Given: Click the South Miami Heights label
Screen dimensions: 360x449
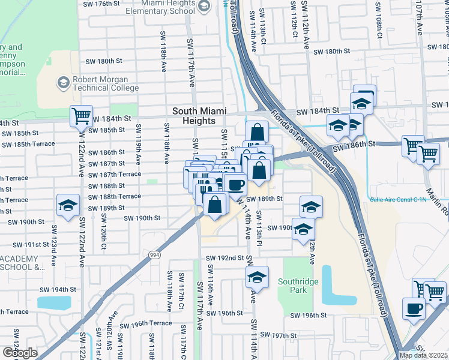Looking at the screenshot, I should coord(193,116).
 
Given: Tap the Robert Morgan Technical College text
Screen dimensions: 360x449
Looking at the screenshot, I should coord(105,83).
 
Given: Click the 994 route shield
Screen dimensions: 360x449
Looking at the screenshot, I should coord(155,255).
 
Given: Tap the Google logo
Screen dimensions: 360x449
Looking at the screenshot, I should coord(20,353).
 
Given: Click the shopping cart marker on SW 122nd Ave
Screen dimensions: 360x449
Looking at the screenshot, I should coord(81,116).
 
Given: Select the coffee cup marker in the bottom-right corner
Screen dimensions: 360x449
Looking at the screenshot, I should coord(412,309).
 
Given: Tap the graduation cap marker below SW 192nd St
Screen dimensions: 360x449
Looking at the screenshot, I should coord(257,277).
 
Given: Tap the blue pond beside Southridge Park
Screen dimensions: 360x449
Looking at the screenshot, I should coord(334,284).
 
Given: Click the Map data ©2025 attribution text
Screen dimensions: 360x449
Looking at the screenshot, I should coord(423,355).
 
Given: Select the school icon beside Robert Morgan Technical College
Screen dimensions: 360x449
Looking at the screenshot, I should coord(64,82).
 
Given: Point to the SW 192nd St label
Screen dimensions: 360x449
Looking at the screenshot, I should coord(224,257).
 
